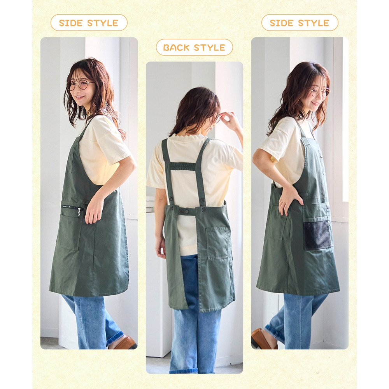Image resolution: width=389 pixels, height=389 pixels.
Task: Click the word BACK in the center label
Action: (176, 47)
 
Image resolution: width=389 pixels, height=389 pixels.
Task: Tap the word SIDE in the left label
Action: (71, 23)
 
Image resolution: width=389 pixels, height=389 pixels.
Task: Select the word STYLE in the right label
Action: (314, 23)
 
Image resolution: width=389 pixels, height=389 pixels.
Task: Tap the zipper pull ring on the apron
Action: (79, 212)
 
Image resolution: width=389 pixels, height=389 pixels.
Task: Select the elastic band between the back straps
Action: (183, 166)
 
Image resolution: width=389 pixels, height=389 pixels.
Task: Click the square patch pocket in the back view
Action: (217, 243)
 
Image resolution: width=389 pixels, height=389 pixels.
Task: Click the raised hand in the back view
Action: (229, 120)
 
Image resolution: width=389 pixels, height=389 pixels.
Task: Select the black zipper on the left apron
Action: (72, 207)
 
